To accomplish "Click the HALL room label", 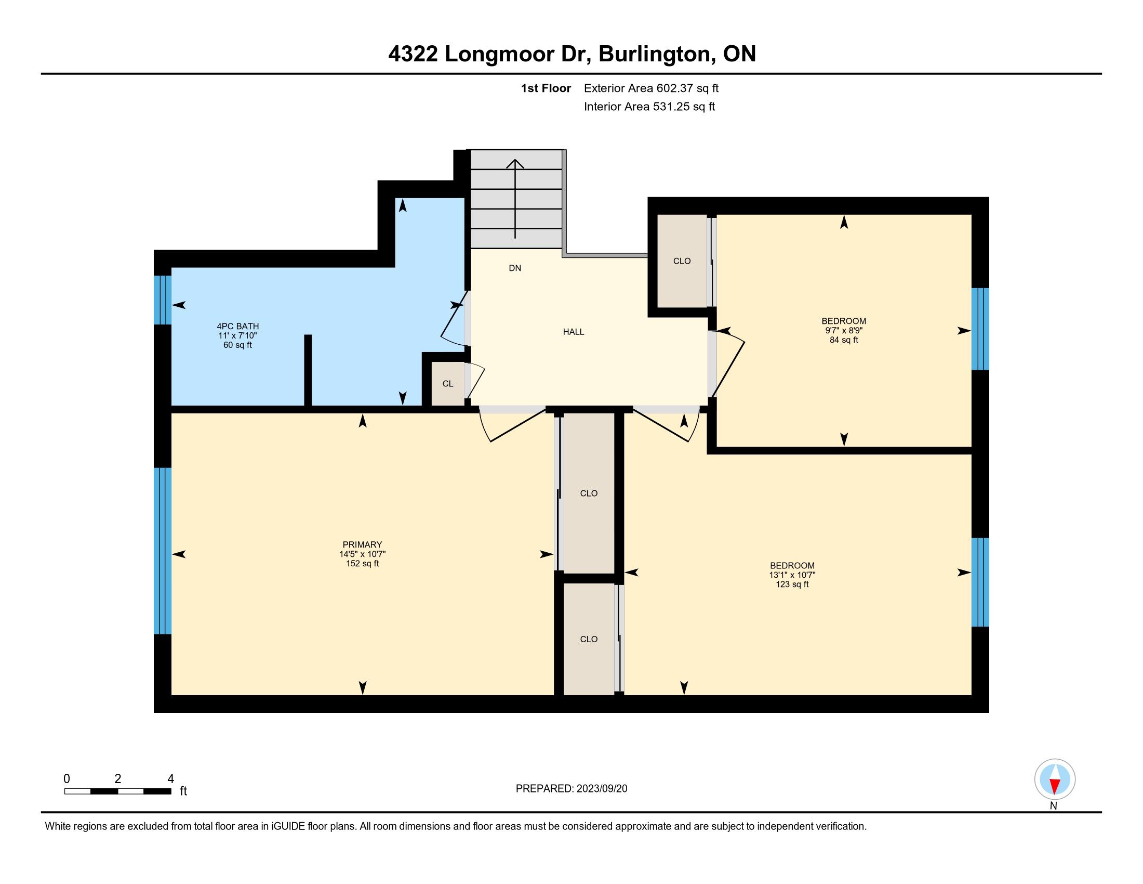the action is (574, 332).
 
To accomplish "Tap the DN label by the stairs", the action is (515, 268).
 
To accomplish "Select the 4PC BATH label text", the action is (238, 326).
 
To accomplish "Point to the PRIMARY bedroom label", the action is (362, 544).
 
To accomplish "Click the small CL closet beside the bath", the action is (448, 384).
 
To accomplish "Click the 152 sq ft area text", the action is (362, 564).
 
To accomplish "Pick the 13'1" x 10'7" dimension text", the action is (792, 575).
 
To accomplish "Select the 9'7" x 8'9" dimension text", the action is (844, 330).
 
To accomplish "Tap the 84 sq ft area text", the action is (844, 340).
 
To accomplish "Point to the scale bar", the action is (118, 791).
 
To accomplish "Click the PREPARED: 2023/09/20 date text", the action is (571, 789).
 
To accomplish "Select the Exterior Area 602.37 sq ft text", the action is (651, 88).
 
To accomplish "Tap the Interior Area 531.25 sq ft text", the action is (649, 107).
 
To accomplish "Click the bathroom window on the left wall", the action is (163, 300).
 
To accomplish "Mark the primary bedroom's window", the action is (163, 550).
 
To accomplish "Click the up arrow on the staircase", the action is (515, 199).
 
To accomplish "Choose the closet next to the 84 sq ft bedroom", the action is (682, 261).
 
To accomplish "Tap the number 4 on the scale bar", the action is (170, 779).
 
